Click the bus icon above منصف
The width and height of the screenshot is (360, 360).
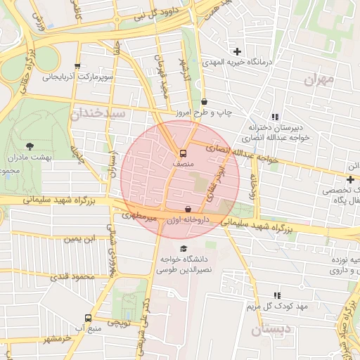tap(183, 153)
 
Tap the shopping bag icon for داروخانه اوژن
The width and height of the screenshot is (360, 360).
tap(187, 210)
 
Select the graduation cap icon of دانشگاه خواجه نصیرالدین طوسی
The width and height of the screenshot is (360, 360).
tap(184, 249)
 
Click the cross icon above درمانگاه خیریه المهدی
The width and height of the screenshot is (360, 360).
tap(238, 51)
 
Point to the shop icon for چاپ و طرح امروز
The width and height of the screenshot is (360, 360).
tap(204, 102)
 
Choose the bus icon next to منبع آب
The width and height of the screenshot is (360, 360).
tap(88, 318)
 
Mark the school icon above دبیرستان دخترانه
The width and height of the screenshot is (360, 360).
tap(274, 117)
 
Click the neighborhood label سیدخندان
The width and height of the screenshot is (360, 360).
tap(98, 112)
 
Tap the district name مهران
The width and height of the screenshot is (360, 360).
tap(318, 79)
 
